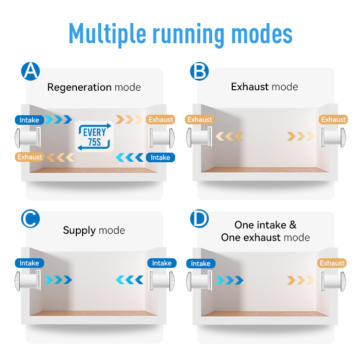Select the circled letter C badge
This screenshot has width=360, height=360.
pyautogui.click(x=31, y=218)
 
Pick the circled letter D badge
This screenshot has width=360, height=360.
pyautogui.click(x=199, y=219)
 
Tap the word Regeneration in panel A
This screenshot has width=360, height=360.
pyautogui.click(x=79, y=87)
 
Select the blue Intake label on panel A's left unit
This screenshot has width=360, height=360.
pyautogui.click(x=30, y=120)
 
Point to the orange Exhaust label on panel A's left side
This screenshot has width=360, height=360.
pyautogui.click(x=30, y=157)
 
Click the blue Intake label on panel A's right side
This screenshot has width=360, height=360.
pyautogui.click(x=160, y=157)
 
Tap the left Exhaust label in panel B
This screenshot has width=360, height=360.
pyautogui.click(x=199, y=120)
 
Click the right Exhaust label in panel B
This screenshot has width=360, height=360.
pyautogui.click(x=333, y=120)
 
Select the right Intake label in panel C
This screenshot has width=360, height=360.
pyautogui.click(x=162, y=263)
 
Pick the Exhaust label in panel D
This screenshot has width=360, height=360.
pyautogui.click(x=332, y=263)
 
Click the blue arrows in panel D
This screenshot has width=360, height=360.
pyautogui.click(x=229, y=279)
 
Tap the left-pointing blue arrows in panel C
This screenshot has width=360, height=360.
pyautogui.click(x=130, y=279)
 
